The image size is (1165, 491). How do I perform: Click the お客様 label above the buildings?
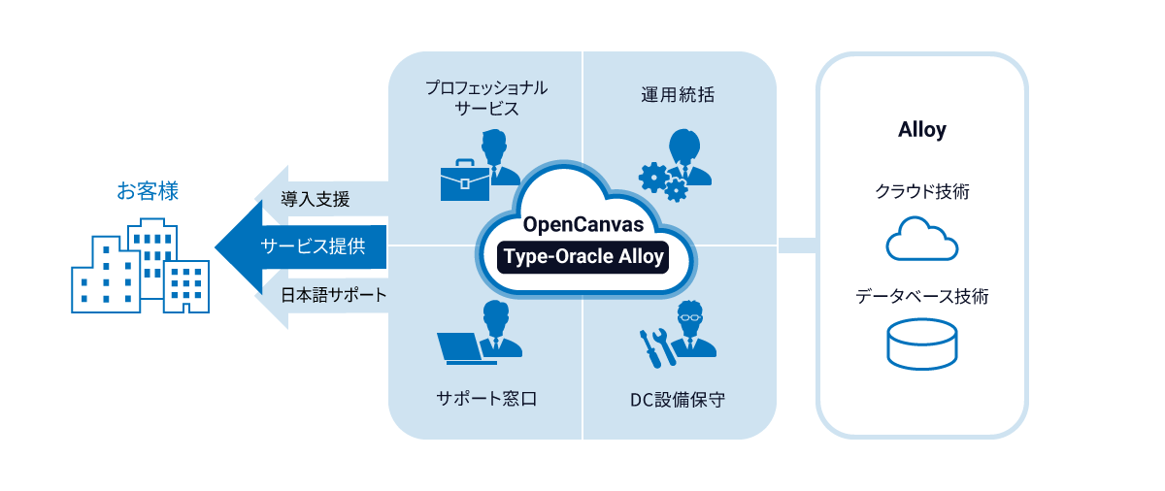coord(148,191)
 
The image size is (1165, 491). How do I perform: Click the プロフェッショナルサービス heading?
coord(486,98)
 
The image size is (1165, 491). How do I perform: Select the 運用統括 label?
coord(678,95)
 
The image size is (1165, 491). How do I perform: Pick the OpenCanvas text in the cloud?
coord(582,224)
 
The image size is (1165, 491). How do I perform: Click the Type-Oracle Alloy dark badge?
coord(583,256)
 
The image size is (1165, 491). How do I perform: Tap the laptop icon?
coord(465,347)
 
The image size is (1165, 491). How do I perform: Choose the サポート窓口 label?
coord(486,399)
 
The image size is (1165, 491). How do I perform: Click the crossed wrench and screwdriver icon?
coord(657,346)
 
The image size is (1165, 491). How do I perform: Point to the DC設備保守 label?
coord(678,399)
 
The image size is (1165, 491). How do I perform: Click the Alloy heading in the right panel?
coord(921,130)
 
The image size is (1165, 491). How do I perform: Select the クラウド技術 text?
coord(921,192)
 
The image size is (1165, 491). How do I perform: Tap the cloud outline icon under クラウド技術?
coord(921,239)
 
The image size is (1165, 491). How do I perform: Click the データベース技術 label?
coord(921,297)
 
